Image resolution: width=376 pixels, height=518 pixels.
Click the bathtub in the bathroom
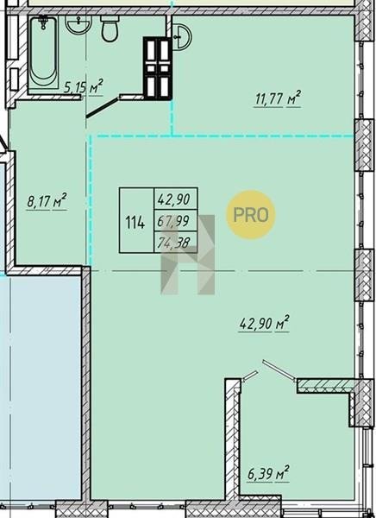(43, 53)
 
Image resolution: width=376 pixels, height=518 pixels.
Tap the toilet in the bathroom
(110, 28)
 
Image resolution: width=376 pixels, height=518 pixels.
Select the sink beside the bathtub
(78, 25)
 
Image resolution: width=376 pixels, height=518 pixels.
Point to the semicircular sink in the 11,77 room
(181, 37)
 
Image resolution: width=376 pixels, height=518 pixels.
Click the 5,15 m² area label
(84, 87)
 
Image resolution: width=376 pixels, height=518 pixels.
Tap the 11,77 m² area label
(278, 98)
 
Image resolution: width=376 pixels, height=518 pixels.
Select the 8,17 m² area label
(47, 201)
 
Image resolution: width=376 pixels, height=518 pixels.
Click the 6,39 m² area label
(269, 474)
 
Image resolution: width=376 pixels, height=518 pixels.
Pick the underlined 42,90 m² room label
(264, 323)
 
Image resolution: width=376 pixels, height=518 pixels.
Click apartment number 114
(135, 223)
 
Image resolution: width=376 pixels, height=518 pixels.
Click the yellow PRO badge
(251, 215)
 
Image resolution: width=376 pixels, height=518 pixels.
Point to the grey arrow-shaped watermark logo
(188, 255)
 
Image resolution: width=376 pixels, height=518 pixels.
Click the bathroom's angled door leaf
(103, 107)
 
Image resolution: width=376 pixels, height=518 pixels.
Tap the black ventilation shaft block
(158, 68)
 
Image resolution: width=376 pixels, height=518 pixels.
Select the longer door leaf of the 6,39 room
(279, 370)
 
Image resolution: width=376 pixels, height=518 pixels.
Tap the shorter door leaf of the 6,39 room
(249, 376)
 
